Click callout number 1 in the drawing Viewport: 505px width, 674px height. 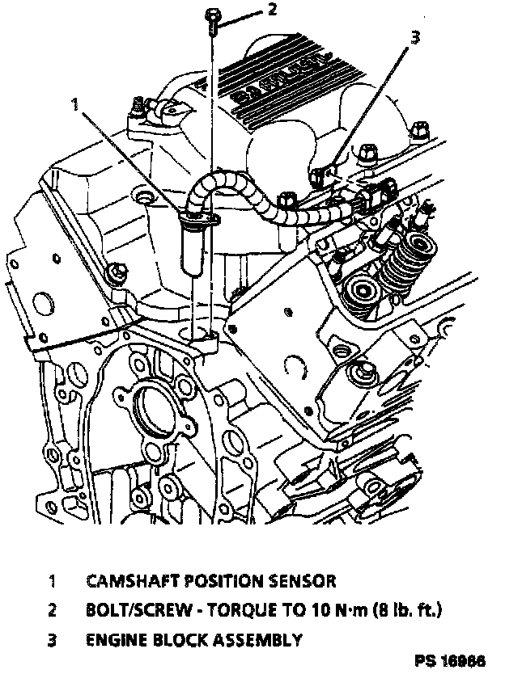(x=75, y=104)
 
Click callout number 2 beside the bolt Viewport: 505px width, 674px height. (x=272, y=11)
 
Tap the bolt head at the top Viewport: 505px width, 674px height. (x=211, y=15)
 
